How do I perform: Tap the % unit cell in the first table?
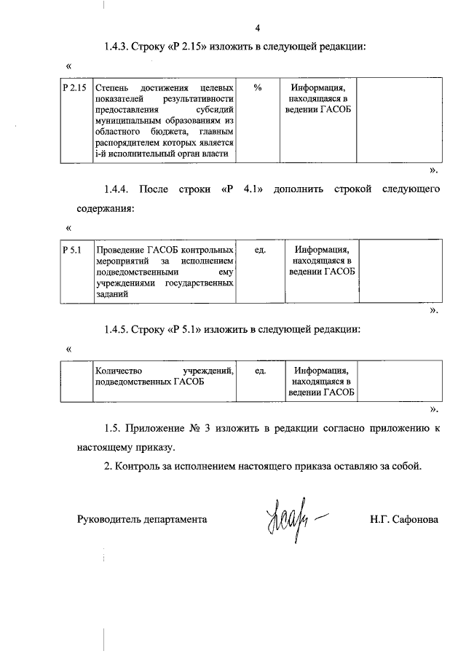click(x=258, y=88)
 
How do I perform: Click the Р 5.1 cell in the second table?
click(x=71, y=250)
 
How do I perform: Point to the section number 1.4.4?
click(x=116, y=190)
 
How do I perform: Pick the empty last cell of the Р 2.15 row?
click(x=399, y=120)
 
